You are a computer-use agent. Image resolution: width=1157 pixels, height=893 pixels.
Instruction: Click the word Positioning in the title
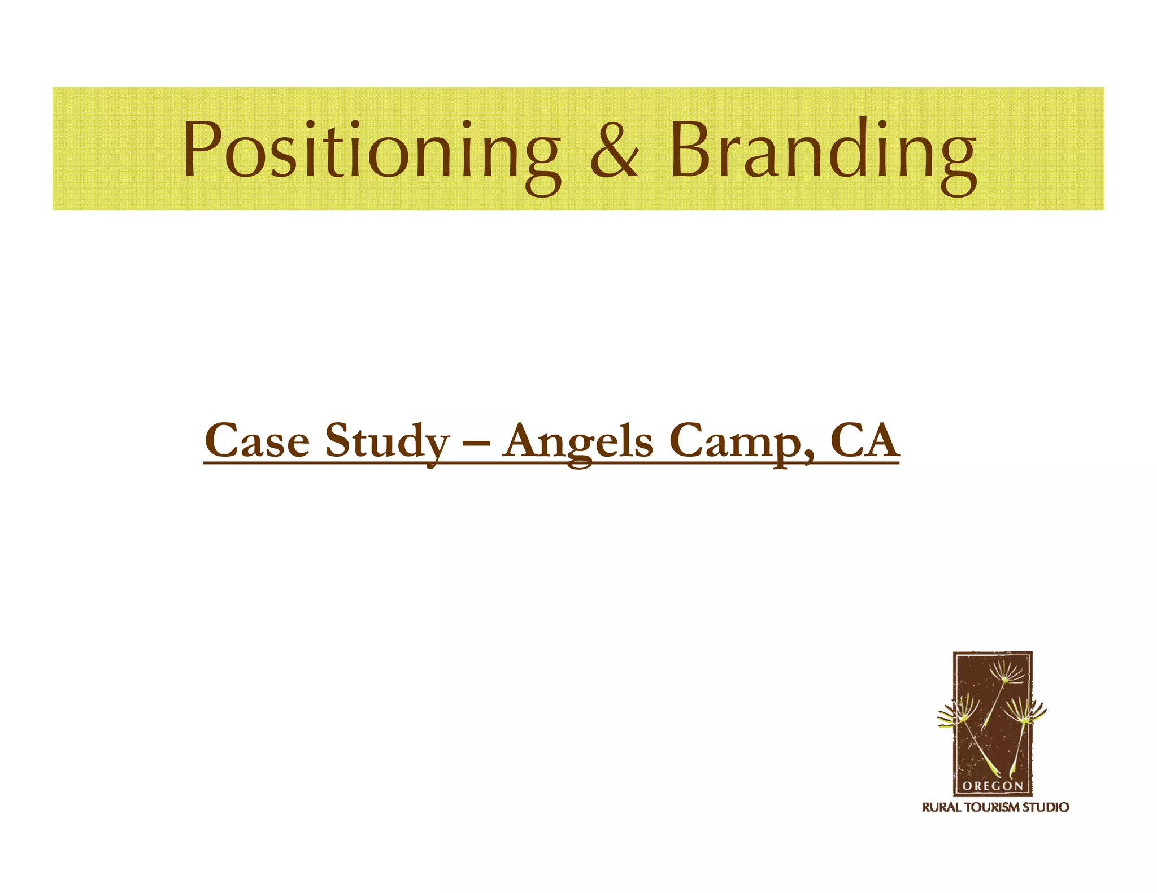[371, 150]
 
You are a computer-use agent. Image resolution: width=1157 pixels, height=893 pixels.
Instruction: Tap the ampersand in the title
[614, 150]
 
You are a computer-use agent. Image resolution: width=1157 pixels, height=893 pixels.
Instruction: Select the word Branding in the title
[823, 150]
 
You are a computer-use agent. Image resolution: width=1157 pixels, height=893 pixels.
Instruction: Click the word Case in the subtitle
[257, 441]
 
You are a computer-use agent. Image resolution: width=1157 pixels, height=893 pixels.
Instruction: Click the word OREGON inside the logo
[992, 786]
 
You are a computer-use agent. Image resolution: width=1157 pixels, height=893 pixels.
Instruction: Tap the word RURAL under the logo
[941, 807]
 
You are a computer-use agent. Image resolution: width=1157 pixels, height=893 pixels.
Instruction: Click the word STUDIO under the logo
[1046, 807]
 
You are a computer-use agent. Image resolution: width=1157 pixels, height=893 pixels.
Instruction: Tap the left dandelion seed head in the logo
[959, 712]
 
